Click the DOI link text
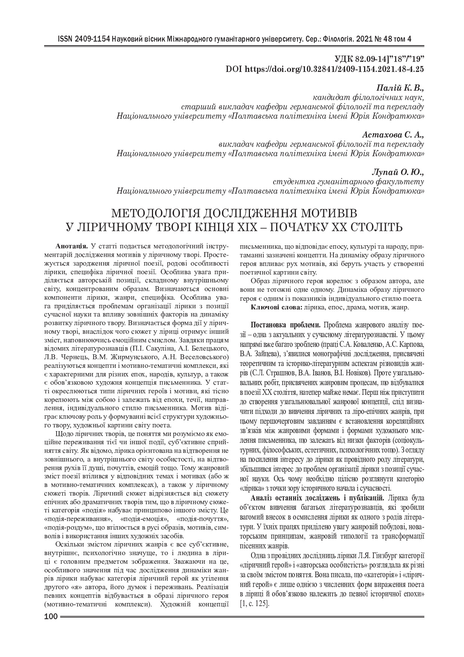pyautogui.click(x=324, y=69)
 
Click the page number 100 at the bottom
pyautogui.click(x=51, y=617)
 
